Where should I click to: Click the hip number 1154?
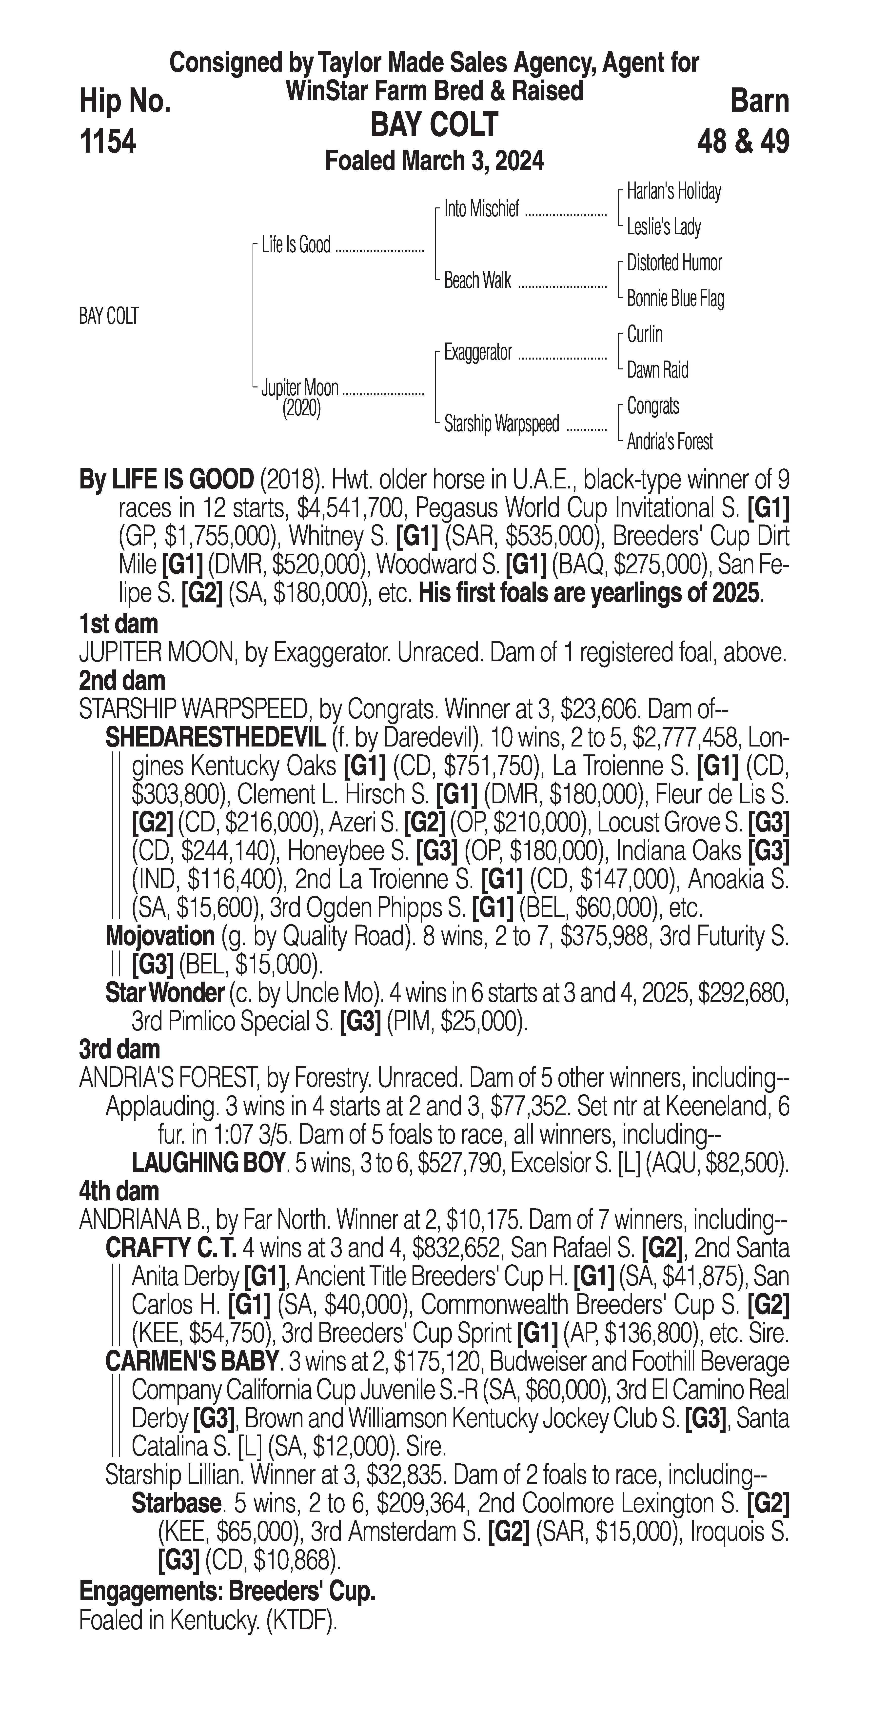[108, 142]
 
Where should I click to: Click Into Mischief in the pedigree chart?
[482, 210]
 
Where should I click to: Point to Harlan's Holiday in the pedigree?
[674, 191]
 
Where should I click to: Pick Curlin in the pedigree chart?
[645, 334]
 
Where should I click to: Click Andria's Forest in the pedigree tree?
[670, 442]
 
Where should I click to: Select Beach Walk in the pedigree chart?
[478, 280]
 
